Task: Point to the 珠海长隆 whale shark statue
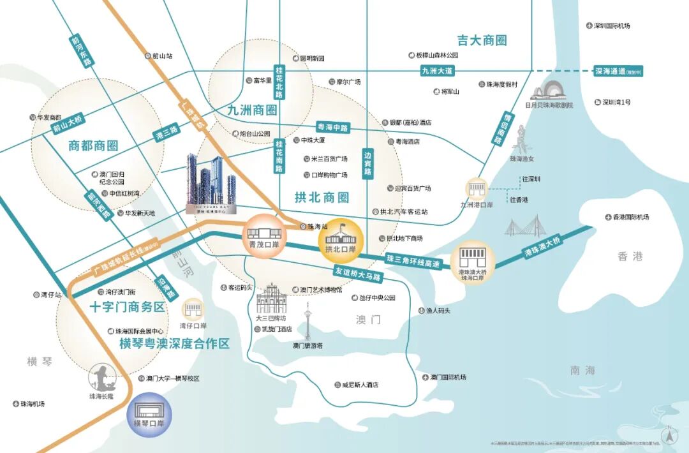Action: tap(101, 378)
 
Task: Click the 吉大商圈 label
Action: tap(482, 40)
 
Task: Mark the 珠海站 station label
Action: tap(316, 226)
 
